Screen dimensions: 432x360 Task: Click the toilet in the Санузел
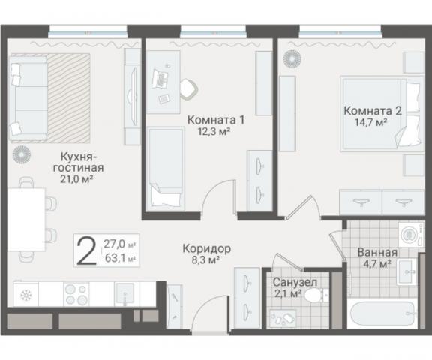click(316, 295)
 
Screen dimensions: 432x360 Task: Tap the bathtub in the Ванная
click(383, 313)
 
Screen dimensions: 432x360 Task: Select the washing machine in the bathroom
click(411, 235)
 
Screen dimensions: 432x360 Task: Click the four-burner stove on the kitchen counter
click(76, 293)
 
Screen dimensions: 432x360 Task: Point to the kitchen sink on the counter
click(125, 293)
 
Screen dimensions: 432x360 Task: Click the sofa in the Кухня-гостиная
click(28, 98)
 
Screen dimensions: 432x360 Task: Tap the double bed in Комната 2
click(382, 113)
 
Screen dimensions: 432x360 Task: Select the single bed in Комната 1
click(165, 169)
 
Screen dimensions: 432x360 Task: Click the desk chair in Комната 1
click(189, 88)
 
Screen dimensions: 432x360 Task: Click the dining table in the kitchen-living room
click(26, 220)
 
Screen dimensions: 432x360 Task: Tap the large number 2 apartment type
click(86, 251)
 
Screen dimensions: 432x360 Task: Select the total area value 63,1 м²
click(120, 258)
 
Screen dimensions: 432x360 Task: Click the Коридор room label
click(207, 248)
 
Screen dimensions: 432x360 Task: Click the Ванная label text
click(377, 252)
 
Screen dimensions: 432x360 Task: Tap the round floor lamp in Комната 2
click(292, 58)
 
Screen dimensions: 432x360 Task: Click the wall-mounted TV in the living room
click(133, 97)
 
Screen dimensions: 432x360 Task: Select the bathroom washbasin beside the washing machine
click(406, 271)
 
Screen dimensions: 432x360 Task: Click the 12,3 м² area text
click(214, 132)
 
